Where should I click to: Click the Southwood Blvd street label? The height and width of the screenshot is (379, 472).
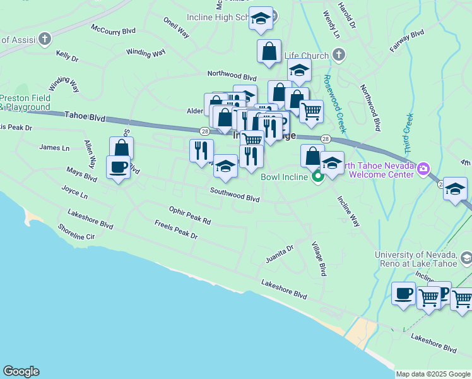tap(235, 198)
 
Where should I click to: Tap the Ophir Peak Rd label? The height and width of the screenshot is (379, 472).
tap(189, 215)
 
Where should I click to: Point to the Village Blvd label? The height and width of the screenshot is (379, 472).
tap(319, 258)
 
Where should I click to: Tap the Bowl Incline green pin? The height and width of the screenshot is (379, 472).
tap(317, 176)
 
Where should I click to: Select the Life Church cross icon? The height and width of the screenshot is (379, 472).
tap(339, 55)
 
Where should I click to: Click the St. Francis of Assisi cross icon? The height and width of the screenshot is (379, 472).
tap(44, 39)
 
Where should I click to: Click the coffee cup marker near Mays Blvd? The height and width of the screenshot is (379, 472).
tap(119, 167)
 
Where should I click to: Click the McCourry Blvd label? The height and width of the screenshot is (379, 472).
tap(114, 30)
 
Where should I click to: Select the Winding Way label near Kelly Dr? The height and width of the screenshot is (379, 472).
tap(146, 52)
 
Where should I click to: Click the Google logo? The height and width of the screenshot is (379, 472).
tap(21, 371)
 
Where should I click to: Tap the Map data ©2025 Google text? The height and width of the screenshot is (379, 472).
tap(433, 374)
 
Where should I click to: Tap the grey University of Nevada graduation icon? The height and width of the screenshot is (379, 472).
tap(466, 258)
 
